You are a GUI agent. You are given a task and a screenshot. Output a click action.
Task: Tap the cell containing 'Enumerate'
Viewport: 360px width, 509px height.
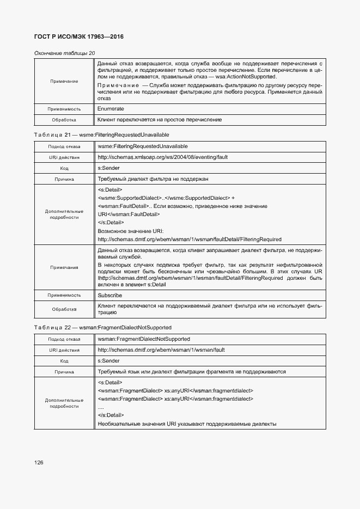111,109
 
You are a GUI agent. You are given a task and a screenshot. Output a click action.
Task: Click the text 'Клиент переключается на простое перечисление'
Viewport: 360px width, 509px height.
160,120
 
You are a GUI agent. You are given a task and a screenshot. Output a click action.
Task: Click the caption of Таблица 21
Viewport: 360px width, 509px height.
101,134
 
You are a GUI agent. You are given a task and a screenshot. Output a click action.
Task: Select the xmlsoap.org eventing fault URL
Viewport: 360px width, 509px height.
162,157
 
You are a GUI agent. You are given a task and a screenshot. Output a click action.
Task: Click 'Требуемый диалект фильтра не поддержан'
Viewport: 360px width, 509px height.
153,179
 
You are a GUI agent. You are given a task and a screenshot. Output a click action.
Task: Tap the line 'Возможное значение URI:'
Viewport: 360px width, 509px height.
127,231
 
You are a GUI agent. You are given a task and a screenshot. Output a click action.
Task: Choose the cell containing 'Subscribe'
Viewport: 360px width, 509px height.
110,295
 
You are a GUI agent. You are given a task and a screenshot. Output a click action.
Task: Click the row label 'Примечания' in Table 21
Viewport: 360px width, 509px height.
64,267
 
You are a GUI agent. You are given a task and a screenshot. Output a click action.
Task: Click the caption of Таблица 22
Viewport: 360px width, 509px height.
102,328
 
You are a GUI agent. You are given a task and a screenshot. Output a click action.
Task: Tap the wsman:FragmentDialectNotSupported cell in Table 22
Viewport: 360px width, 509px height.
144,339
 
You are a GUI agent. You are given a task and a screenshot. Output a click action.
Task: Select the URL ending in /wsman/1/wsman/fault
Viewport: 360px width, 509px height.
161,349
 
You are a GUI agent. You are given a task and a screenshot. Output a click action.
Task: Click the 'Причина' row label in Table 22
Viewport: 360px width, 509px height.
64,372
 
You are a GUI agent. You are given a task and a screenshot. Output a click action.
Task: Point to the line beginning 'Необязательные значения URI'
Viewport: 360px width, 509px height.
187,424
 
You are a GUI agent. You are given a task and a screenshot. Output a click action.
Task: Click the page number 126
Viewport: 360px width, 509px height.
39,462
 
